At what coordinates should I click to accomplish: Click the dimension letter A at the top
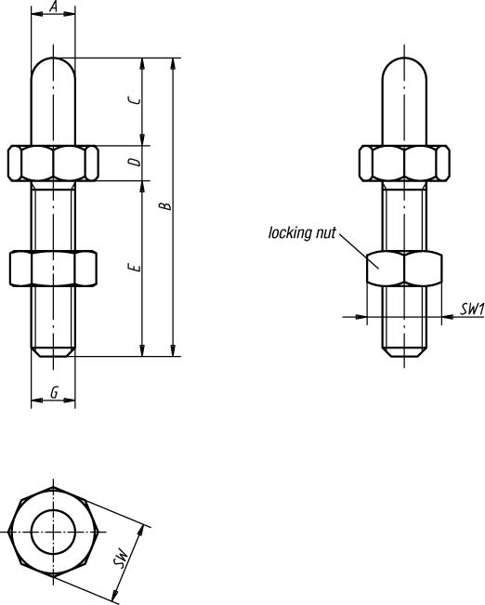54,7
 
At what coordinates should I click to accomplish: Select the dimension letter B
165,205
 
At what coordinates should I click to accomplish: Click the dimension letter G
55,392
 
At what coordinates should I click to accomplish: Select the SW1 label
472,309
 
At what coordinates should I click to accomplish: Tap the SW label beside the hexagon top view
121,558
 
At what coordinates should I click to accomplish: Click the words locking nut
302,232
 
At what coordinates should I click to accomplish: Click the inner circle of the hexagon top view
53,509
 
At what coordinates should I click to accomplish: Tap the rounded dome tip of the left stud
53,58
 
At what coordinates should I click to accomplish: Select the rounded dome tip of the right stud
404,58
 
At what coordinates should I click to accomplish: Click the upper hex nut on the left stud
53,163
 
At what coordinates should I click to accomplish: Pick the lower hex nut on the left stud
53,269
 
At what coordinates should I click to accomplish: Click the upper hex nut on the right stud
404,163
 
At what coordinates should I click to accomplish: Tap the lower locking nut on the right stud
404,269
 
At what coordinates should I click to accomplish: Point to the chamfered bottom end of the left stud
53,352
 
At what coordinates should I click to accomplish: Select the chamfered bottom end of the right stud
404,352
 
